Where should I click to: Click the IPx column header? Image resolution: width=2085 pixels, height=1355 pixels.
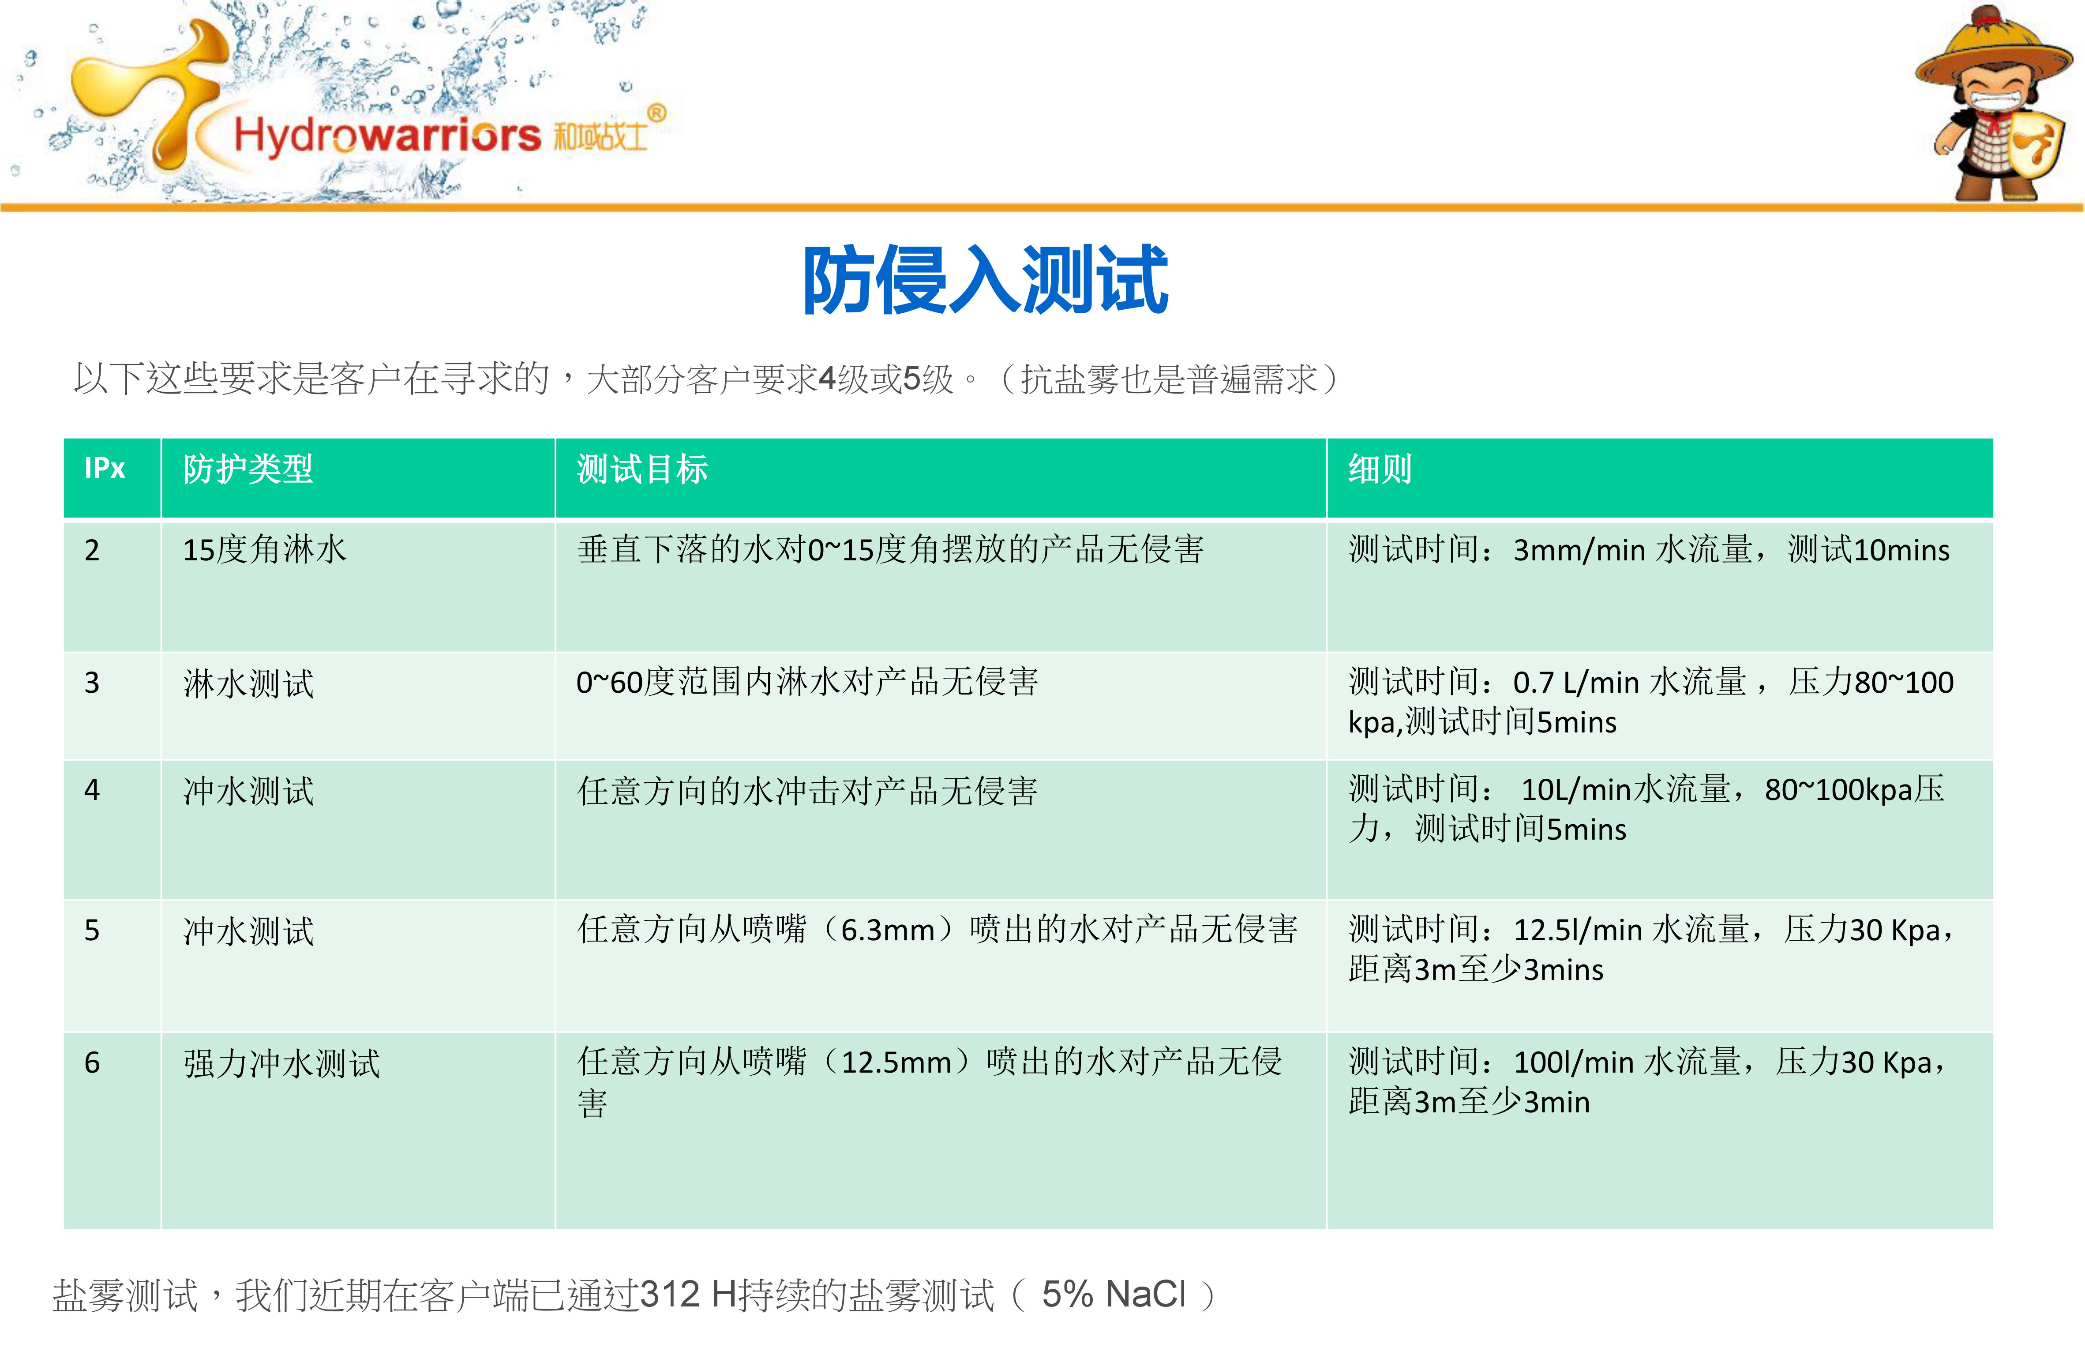click(x=104, y=469)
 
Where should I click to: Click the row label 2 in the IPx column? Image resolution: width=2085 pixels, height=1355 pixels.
click(x=92, y=550)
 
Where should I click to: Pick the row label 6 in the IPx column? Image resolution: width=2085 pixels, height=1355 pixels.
click(x=92, y=1062)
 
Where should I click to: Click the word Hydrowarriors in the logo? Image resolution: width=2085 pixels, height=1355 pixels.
click(x=387, y=135)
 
